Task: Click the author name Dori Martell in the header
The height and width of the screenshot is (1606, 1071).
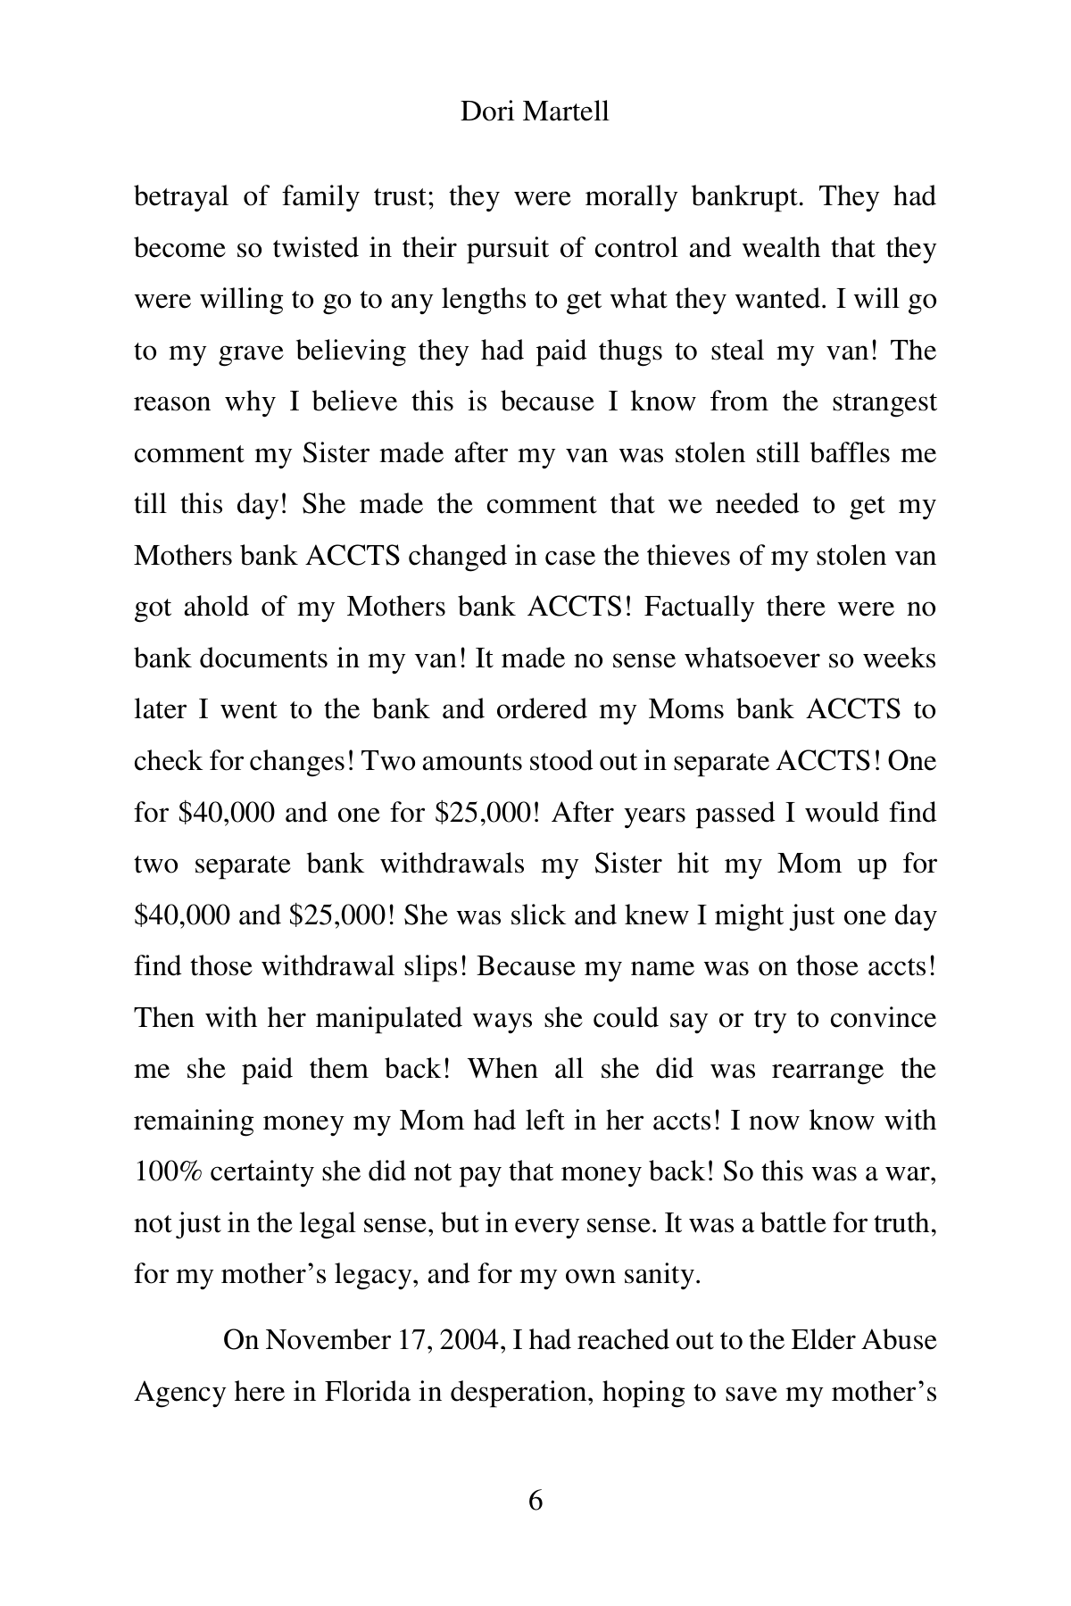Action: click(x=535, y=112)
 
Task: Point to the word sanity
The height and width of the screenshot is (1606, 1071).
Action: click(x=662, y=1275)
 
